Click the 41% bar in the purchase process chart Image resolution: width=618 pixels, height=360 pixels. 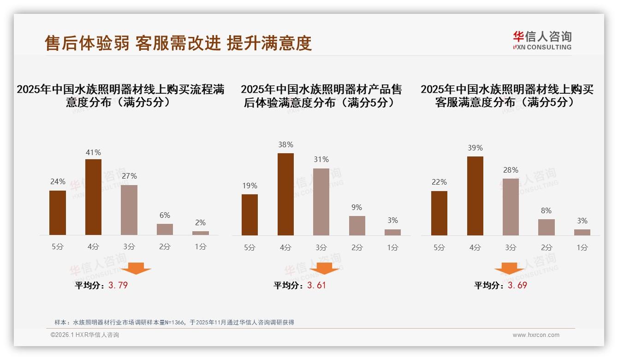click(x=93, y=197)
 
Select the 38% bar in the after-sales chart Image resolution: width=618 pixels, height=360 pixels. click(x=285, y=194)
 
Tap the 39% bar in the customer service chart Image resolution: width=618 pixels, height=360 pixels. click(x=475, y=196)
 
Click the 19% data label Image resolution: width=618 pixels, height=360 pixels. click(x=250, y=186)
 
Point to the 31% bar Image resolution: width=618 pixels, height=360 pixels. click(x=321, y=202)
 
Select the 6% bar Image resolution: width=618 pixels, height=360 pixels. click(x=165, y=229)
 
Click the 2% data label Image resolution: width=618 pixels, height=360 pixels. click(x=200, y=222)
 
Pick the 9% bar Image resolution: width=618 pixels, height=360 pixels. click(x=357, y=226)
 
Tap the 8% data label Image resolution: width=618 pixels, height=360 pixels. click(x=546, y=210)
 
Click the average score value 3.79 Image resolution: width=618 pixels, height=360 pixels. click(x=118, y=285)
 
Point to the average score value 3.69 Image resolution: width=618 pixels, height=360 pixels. click(x=517, y=285)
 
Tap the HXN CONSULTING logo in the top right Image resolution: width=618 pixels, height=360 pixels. click(x=542, y=41)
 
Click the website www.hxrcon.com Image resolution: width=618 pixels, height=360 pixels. click(x=536, y=335)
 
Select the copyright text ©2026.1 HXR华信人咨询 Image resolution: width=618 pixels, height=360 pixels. click(x=85, y=335)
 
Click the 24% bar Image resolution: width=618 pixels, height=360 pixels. click(x=58, y=213)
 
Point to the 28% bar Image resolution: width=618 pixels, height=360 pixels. click(x=511, y=207)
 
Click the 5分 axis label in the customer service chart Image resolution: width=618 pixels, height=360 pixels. click(x=439, y=247)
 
